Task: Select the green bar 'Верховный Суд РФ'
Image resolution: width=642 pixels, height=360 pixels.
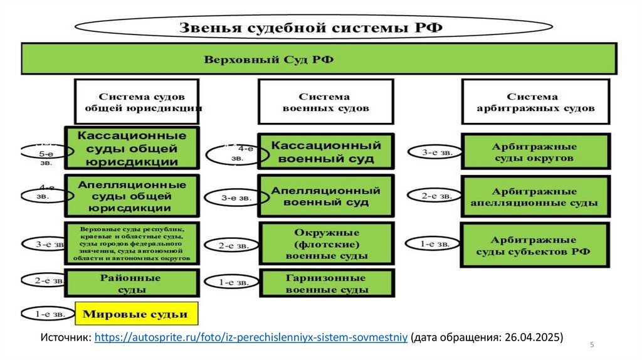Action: click(x=320, y=59)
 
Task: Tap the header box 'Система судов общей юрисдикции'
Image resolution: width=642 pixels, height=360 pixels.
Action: click(x=137, y=102)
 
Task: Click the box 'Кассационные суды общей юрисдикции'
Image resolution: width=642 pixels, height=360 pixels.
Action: click(x=132, y=148)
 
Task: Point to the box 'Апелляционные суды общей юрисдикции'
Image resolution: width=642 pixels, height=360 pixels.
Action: click(x=132, y=196)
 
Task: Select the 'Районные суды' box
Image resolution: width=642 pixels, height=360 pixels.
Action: click(x=132, y=283)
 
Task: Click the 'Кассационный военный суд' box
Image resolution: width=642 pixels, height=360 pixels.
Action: click(x=326, y=152)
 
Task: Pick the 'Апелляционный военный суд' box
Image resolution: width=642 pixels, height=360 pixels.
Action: click(x=326, y=196)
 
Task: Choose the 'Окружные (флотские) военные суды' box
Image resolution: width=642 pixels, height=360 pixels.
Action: click(x=326, y=243)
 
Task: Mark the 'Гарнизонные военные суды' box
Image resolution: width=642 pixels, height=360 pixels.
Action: click(x=326, y=283)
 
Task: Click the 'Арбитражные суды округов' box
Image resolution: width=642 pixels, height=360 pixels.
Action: click(x=535, y=152)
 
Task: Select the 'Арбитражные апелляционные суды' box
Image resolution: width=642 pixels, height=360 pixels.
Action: click(x=535, y=196)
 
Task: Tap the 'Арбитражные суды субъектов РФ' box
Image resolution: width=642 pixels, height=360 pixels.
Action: click(x=535, y=245)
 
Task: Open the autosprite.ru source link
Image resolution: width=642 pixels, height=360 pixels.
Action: click(x=251, y=337)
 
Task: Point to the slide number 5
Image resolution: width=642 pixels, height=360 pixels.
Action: click(x=592, y=346)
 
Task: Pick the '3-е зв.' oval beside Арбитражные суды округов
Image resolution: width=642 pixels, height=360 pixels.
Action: click(x=434, y=152)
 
